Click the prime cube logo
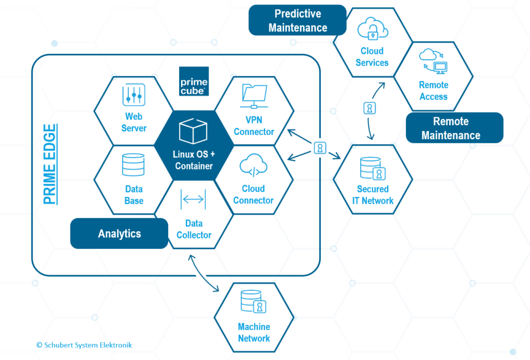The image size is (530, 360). pyautogui.click(x=194, y=81)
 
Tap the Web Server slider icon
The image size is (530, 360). pyautogui.click(x=134, y=95)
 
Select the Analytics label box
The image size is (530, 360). pyautogui.click(x=119, y=233)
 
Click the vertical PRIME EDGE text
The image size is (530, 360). pyautogui.click(x=50, y=164)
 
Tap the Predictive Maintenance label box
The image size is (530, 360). pyautogui.click(x=298, y=20)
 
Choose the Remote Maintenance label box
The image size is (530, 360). pyautogui.click(x=454, y=128)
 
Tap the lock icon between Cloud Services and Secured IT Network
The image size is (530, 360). pyautogui.click(x=370, y=108)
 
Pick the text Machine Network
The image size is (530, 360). pyautogui.click(x=254, y=333)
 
